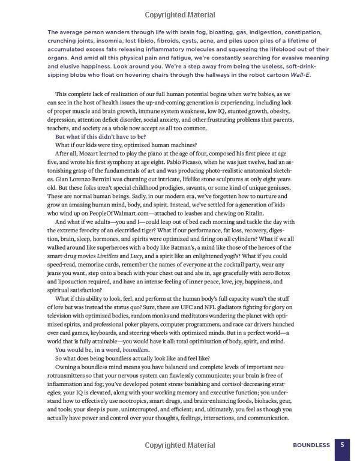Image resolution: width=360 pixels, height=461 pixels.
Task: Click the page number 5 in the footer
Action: [341, 445]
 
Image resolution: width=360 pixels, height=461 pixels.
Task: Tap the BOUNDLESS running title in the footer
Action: [311, 445]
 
